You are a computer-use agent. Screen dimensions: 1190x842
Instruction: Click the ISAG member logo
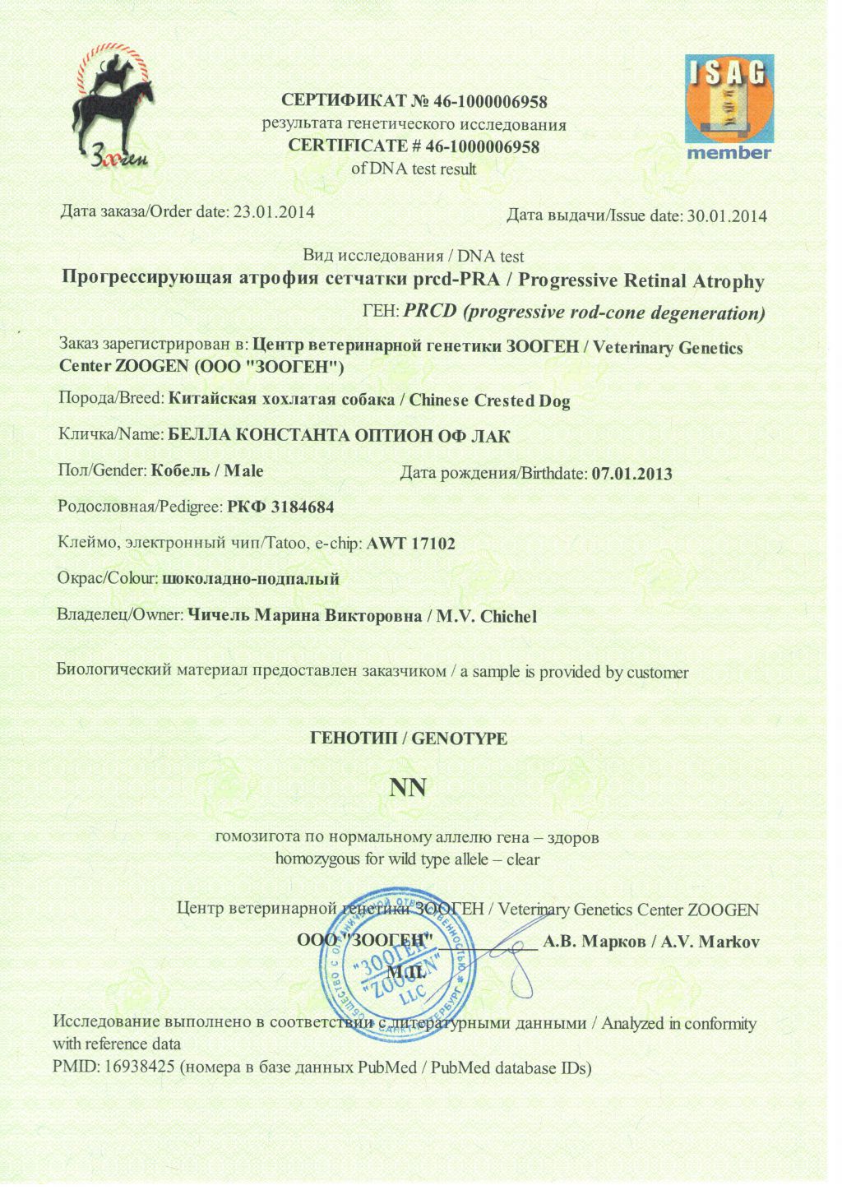(x=729, y=107)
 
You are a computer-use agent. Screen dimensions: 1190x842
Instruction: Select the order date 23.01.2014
(x=274, y=211)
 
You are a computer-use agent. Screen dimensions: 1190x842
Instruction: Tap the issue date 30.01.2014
(x=727, y=216)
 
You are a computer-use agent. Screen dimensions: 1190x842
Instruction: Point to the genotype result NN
(x=408, y=788)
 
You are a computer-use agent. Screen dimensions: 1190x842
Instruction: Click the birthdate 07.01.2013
(x=631, y=474)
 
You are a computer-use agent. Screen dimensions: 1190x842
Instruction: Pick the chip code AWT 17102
(x=410, y=543)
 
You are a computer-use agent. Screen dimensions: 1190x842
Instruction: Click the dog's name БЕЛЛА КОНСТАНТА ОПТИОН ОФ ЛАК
(x=339, y=435)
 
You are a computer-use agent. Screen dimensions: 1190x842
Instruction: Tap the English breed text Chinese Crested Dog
(x=489, y=401)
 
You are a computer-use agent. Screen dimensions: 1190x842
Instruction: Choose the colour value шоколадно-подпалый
(x=251, y=579)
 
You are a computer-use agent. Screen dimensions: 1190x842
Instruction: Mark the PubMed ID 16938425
(x=140, y=1067)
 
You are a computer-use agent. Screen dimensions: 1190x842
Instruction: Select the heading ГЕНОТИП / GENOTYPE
(x=409, y=739)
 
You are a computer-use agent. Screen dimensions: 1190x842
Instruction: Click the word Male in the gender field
(x=244, y=471)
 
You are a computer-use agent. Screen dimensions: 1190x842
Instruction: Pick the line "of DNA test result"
(x=414, y=169)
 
